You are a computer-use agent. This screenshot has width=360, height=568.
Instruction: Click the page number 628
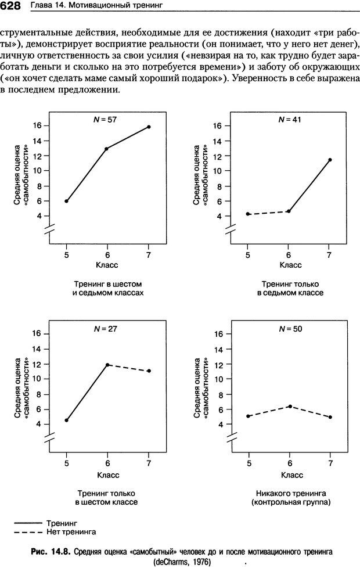tap(11, 6)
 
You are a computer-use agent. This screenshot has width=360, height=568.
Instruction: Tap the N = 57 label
tap(105, 119)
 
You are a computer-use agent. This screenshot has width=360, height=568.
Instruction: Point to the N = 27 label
tap(105, 328)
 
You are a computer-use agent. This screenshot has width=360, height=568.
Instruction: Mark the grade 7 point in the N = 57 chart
tap(149, 127)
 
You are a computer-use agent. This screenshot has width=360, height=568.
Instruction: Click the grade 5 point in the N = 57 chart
tap(66, 201)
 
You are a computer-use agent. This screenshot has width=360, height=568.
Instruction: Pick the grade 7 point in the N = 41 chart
tap(330, 160)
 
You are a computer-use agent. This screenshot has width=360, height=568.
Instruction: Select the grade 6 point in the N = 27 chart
tap(107, 365)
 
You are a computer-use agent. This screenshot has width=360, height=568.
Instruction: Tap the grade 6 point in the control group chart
tap(289, 406)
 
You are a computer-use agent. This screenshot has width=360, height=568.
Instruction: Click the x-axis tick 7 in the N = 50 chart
tap(330, 463)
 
